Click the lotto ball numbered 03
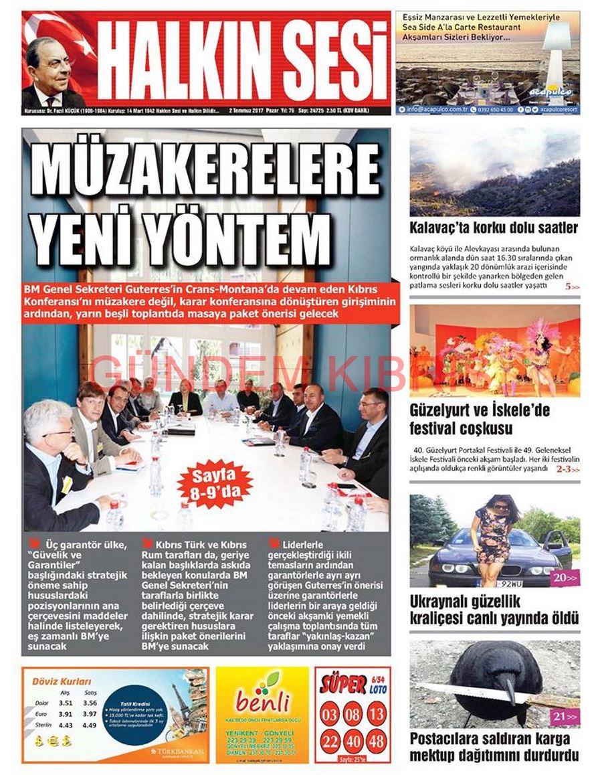[330, 714]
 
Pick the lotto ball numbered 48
[377, 741]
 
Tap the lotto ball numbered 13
[377, 714]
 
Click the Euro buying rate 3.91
[65, 714]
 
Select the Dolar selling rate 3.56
[90, 703]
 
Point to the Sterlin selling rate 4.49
[90, 725]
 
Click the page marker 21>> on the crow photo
[563, 717]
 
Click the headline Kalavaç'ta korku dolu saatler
[494, 228]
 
